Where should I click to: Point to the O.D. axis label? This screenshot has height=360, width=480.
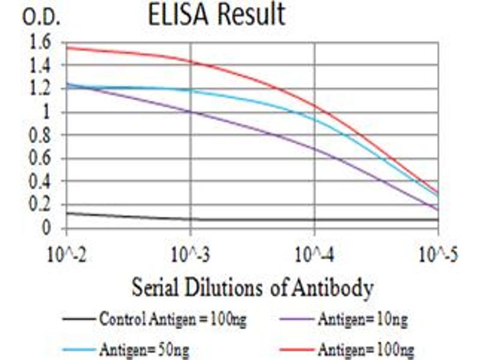click(41, 17)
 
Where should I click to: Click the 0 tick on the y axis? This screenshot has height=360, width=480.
click(46, 229)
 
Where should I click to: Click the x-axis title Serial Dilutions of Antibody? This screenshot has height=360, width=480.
click(253, 288)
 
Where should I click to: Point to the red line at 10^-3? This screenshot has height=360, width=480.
click(191, 61)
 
